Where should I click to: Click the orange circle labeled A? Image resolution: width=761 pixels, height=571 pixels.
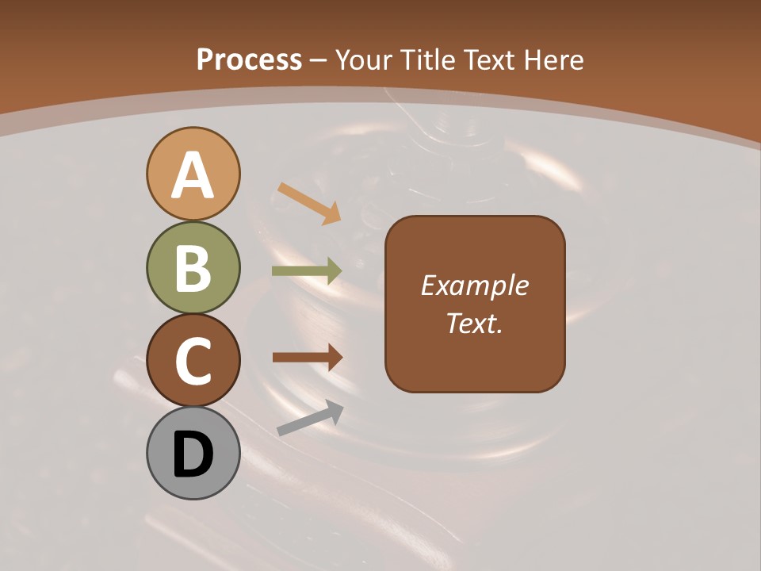point(193,174)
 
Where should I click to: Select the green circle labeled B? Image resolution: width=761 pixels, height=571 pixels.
point(193,267)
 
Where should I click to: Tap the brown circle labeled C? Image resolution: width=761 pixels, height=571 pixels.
point(193,360)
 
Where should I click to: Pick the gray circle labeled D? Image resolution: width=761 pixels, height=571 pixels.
point(193,453)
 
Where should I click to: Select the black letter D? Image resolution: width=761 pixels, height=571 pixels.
point(193,454)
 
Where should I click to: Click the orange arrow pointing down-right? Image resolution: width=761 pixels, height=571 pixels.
point(309,203)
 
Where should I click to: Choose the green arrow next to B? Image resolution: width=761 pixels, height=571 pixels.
point(307,271)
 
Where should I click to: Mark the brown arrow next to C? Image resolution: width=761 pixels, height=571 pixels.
point(308,357)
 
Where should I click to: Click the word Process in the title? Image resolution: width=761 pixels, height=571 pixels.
point(249,59)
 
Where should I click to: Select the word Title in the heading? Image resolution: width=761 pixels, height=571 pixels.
point(426,59)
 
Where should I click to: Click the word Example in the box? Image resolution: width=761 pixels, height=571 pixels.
point(474,285)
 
